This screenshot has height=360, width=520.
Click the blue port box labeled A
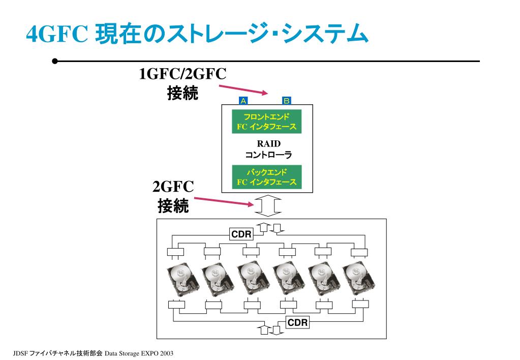click(243, 100)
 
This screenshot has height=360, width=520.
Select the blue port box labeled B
click(286, 100)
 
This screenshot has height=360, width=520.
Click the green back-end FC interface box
click(266, 177)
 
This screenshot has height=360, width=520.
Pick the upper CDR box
click(241, 234)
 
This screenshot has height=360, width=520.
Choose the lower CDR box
click(297, 322)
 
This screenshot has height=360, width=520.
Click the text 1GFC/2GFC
click(182, 74)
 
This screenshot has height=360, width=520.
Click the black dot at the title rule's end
click(54, 62)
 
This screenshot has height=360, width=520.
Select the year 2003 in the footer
click(166, 352)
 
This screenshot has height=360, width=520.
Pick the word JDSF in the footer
click(20, 352)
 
